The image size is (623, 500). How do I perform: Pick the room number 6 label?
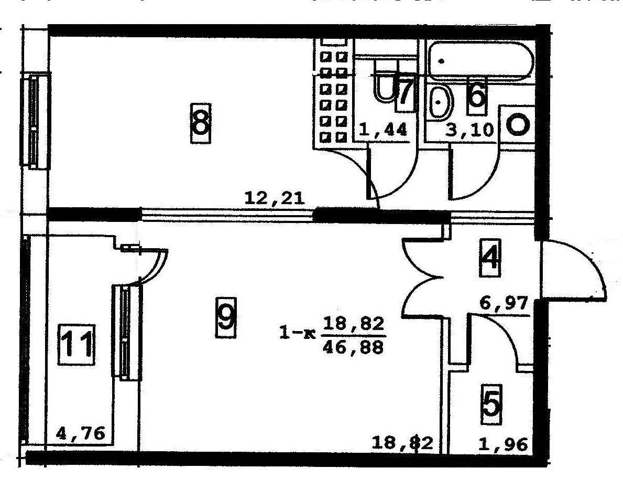(476, 94)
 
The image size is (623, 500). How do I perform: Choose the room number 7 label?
(405, 93)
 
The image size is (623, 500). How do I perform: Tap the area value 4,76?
(84, 434)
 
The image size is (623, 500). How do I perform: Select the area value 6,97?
(504, 304)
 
